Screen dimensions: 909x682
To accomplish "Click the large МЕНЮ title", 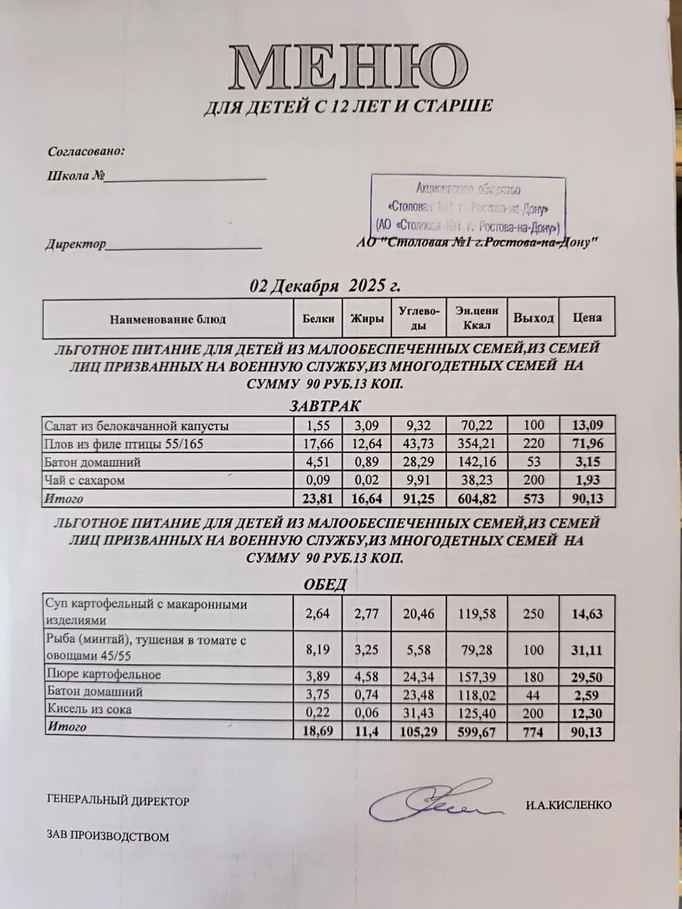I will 348,67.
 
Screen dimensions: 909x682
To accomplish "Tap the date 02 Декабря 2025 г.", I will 325,286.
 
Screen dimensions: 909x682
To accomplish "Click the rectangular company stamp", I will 467,207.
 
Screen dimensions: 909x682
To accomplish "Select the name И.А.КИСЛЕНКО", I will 568,805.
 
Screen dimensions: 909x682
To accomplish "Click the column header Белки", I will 318,319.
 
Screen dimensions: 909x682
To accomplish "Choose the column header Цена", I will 587,317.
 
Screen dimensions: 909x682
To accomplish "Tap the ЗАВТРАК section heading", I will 325,406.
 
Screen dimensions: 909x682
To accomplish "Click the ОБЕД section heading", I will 325,585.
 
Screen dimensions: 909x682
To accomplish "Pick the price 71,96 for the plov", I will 587,443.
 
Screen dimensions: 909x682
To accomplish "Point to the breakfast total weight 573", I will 533,499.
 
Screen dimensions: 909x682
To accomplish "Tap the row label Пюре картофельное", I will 104,675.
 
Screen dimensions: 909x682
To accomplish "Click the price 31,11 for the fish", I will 587,650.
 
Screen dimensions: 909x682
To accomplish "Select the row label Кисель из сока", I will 89,710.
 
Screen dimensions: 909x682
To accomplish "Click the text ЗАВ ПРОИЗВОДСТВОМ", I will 108,836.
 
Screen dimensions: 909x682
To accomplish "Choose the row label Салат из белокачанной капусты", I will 136,425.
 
